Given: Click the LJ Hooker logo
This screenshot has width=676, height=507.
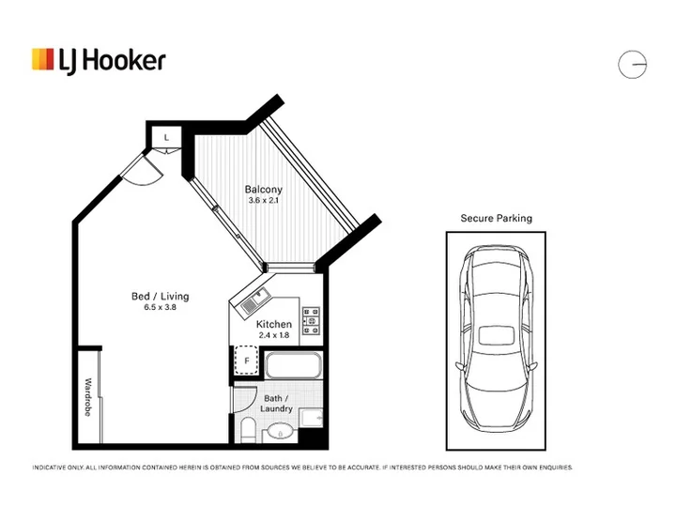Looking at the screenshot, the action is pos(99,60).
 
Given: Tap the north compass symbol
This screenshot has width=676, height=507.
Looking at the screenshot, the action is pos(632,65).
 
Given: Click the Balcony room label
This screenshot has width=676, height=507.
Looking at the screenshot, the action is pos(264,190).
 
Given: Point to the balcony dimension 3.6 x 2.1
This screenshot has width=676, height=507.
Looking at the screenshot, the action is pos(264,201).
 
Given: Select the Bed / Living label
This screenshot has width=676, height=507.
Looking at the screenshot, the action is pos(160,296).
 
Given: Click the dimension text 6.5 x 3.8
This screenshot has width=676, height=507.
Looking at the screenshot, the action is pos(160,307).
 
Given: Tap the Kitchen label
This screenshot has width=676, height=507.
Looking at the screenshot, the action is pos(274,324).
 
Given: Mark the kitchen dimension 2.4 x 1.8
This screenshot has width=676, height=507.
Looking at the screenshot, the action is pos(274,335).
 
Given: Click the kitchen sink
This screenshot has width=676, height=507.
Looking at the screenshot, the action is pos(255,301).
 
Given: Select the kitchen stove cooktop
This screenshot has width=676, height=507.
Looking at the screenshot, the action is pos(312,321).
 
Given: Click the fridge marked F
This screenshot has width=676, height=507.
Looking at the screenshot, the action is pos(247,361).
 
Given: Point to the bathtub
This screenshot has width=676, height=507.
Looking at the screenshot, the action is pos(294,365).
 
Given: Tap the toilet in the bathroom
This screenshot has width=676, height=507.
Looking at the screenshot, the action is pos(248,430).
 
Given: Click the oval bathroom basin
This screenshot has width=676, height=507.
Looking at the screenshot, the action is pos(281,431).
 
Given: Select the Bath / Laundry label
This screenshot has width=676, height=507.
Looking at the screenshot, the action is pos(276,404).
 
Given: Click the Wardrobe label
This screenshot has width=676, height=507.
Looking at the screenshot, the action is pos(87,397).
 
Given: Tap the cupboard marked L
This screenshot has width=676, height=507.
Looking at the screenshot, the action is pos(166,137).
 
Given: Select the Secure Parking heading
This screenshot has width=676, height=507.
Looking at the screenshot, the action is pos(497,218).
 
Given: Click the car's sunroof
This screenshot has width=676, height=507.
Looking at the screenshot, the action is pos(497,335).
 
